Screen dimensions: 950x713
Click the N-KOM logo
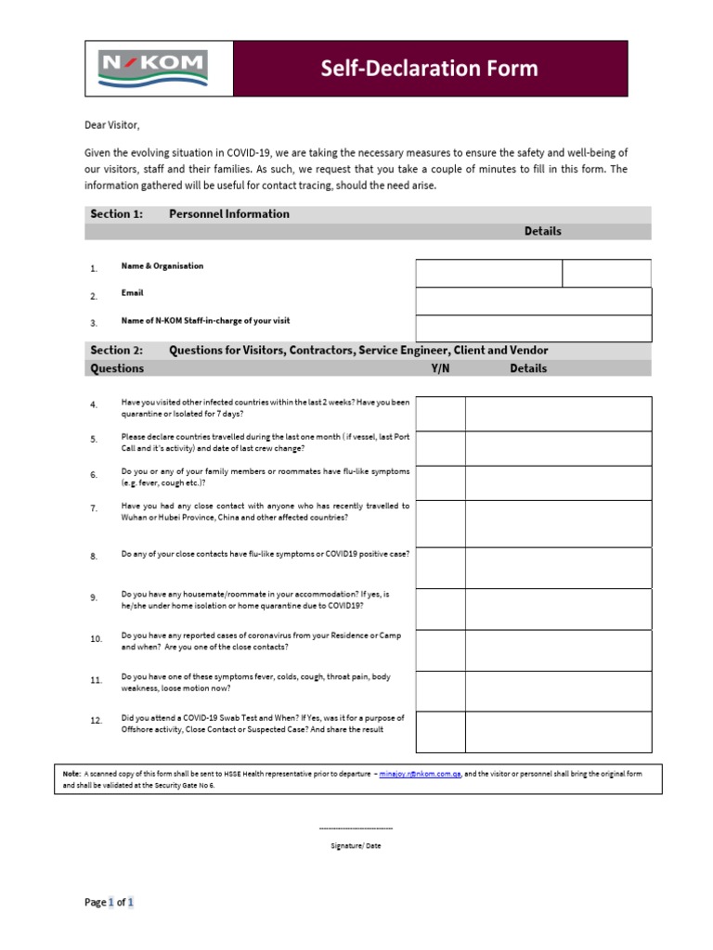tap(153, 69)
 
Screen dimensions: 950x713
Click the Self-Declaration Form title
tap(429, 69)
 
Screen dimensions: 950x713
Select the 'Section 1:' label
tap(116, 214)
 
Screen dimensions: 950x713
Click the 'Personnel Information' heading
tap(228, 214)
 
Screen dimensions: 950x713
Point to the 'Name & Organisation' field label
tap(162, 266)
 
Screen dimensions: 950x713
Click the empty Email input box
tap(533, 302)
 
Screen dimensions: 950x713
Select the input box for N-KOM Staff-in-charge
tap(533, 328)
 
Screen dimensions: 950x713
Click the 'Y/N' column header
tap(440, 368)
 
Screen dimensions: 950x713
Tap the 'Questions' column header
tap(117, 368)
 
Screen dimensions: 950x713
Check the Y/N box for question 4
tap(440, 414)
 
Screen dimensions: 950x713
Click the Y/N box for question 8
tap(440, 567)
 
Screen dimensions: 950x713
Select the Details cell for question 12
tap(558, 732)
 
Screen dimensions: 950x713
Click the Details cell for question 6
tap(558, 482)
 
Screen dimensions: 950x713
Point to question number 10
tap(96, 639)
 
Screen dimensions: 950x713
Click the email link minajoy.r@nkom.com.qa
tap(421, 773)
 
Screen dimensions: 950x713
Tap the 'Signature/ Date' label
tap(356, 846)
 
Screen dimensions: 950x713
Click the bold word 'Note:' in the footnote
tap(71, 773)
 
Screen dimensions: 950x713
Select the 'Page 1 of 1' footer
tap(110, 902)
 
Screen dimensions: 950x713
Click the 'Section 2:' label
tap(116, 351)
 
